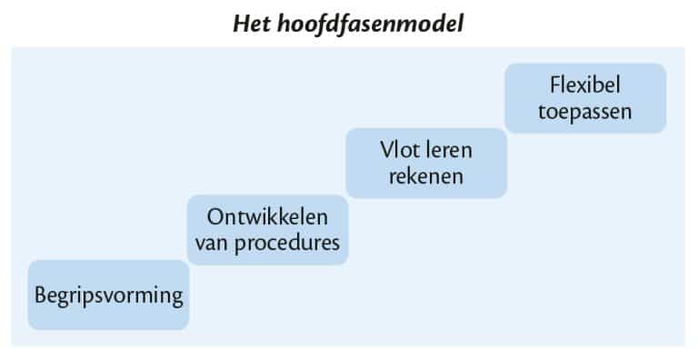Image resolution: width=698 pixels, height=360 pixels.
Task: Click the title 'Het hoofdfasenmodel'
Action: [x=349, y=22]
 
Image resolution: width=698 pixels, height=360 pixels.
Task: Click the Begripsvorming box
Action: [x=108, y=295]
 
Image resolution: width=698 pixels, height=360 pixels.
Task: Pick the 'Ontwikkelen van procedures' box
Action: [x=267, y=229]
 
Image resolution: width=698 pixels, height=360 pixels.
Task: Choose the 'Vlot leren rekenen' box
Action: [x=425, y=162]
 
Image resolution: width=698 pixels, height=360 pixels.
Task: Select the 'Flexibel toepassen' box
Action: [x=584, y=97]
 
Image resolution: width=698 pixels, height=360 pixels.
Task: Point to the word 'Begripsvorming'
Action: [x=109, y=295]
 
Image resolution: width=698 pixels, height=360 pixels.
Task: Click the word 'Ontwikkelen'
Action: [x=267, y=218]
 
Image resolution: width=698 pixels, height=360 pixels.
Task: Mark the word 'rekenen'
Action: [x=425, y=175]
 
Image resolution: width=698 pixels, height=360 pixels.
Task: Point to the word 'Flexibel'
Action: [x=584, y=85]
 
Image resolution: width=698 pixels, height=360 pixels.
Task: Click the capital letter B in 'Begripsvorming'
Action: [x=41, y=295]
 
